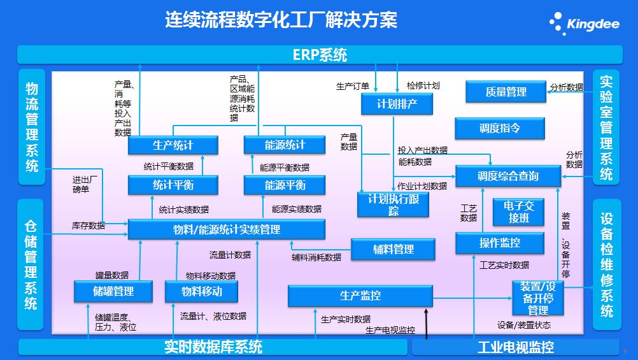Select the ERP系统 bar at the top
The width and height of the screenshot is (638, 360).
click(320, 55)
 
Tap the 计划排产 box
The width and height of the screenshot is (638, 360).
click(397, 104)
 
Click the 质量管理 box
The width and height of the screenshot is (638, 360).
click(506, 92)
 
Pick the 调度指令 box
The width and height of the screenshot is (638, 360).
click(500, 128)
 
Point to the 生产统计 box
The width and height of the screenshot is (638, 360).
click(173, 145)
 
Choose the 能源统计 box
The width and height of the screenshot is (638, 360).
click(285, 145)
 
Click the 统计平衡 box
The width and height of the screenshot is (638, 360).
click(173, 185)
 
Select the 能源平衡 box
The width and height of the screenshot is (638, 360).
click(285, 185)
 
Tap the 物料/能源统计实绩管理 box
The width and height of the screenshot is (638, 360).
click(227, 229)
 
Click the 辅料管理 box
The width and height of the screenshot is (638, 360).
click(393, 249)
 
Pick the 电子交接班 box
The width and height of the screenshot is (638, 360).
click(519, 212)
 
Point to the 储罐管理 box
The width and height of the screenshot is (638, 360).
click(113, 292)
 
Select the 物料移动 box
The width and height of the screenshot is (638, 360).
click(201, 292)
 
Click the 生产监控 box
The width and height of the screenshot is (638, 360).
click(360, 296)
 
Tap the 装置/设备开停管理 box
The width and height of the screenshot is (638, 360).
click(538, 298)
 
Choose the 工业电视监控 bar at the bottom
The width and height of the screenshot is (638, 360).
click(515, 347)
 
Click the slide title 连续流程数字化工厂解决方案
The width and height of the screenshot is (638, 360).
click(281, 20)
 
